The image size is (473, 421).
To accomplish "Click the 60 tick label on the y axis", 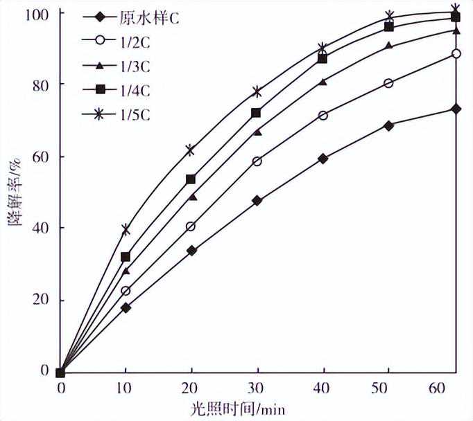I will pos(44,156).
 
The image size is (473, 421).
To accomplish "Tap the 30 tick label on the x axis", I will pos(257,388).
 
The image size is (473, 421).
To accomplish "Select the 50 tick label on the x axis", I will pos(388,388).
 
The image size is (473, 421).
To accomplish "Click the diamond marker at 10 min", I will pos(126,307).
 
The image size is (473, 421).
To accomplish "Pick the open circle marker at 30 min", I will pos(257,161).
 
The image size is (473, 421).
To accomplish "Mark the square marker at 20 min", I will pos(191,179).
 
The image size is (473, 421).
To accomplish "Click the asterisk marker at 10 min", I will pos(126,229).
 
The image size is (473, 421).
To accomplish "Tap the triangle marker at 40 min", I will pos(323,82).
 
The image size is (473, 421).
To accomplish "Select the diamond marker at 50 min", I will pos(388,125).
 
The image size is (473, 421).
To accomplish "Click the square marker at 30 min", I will pos(257,113).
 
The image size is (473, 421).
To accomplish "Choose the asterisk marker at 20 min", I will pos(191,150).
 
